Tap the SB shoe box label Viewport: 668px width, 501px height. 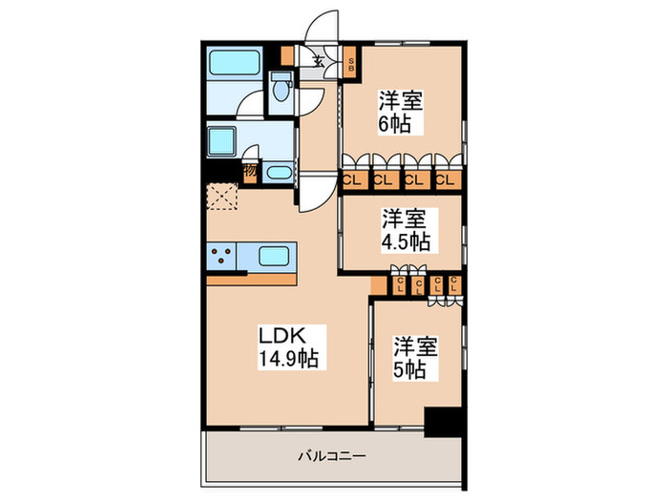351,66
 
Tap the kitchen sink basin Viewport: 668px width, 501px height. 275,257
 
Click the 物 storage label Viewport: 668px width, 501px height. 249,172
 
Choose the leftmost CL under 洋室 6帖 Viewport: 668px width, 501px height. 352,178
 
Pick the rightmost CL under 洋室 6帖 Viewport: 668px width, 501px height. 445,178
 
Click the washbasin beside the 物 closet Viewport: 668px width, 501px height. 278,173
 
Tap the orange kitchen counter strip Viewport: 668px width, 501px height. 253,281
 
